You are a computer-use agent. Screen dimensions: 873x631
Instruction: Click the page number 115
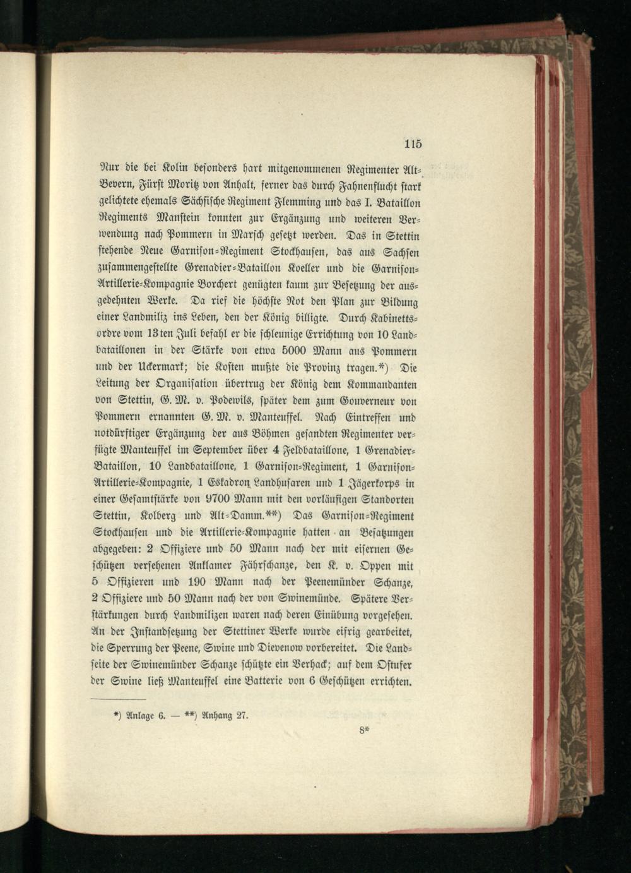coord(413,143)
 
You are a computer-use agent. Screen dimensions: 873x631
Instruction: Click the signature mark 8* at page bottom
coord(364,730)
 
